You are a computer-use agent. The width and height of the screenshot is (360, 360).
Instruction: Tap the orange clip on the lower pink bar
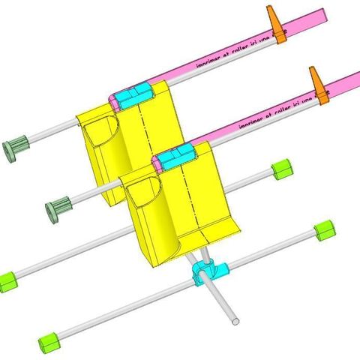coord(320,86)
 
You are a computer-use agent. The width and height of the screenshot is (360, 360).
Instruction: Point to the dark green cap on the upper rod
coord(15,147)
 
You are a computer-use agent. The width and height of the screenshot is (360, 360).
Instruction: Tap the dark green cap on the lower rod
coord(58,207)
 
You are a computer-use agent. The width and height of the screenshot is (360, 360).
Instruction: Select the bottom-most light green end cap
coord(49,340)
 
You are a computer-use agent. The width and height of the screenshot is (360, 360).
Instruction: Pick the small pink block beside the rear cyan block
coord(115,100)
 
